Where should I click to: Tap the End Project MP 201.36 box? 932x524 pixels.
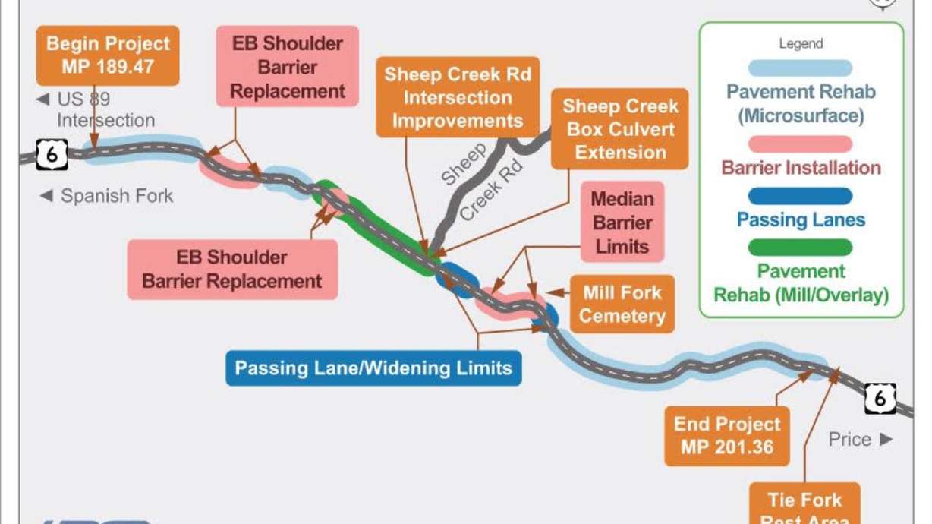point(726,436)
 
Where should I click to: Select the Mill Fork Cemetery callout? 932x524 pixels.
point(622,304)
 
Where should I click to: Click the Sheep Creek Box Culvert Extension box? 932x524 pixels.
point(620,128)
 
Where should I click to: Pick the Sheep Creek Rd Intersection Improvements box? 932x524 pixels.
point(457,97)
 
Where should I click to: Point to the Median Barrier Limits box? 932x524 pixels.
point(622,222)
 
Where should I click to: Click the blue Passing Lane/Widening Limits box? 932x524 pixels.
point(373,368)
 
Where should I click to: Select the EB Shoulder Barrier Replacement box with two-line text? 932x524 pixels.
point(231,269)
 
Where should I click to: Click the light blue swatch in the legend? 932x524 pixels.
point(800,68)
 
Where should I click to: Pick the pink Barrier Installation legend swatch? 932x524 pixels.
point(800,144)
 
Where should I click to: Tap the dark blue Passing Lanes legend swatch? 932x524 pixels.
point(800,196)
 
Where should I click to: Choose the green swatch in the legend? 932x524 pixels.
point(800,248)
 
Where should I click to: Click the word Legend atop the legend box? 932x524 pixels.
point(801,43)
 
